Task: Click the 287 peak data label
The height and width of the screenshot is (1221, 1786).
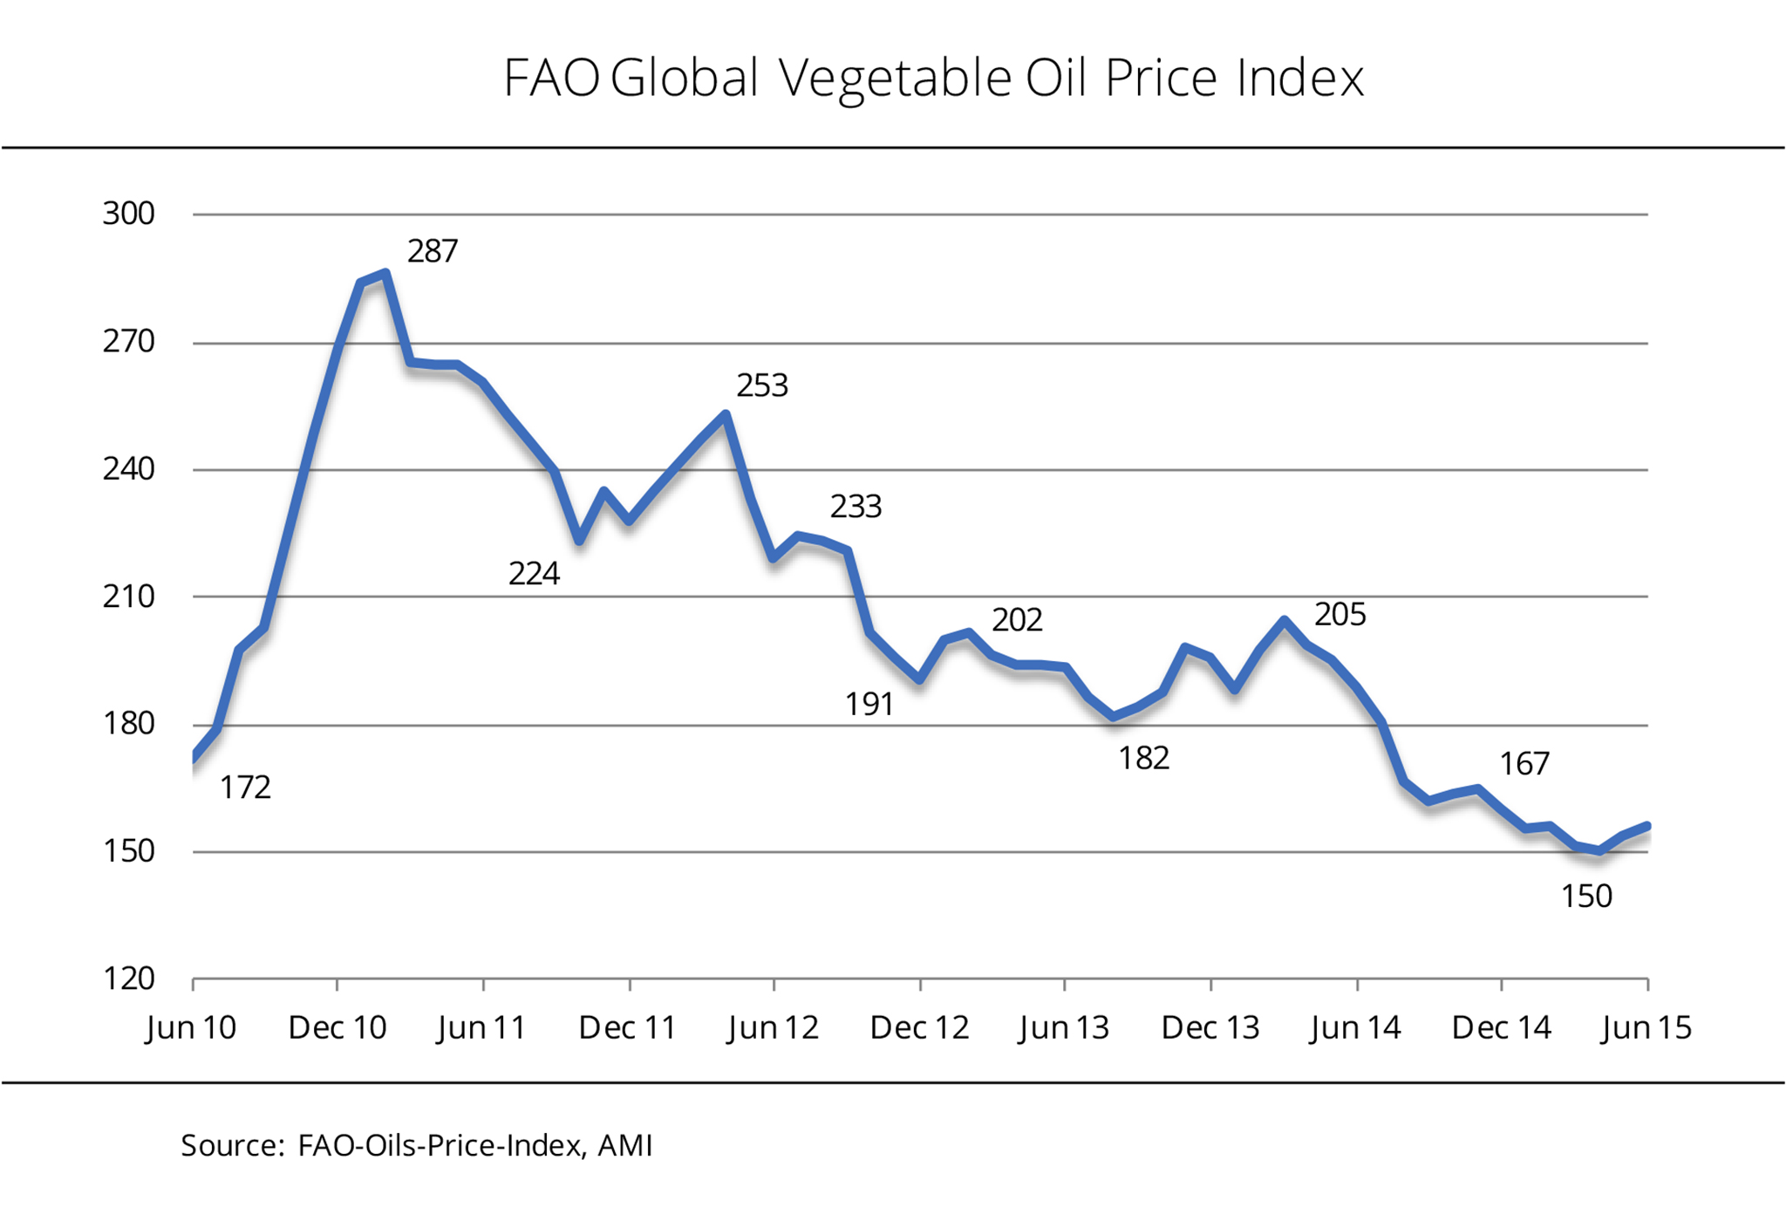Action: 433,251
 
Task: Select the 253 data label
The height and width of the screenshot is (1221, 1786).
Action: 762,385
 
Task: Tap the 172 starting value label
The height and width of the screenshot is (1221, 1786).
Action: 245,788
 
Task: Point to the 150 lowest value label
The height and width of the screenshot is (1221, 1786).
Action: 1586,897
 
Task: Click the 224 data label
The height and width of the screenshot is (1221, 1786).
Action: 534,574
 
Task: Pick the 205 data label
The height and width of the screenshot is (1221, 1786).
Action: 1340,615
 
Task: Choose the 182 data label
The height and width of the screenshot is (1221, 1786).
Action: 1144,759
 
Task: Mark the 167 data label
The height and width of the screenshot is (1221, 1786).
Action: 1524,764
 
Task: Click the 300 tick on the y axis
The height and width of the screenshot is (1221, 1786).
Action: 128,214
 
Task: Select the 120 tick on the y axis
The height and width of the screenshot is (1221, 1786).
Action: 128,979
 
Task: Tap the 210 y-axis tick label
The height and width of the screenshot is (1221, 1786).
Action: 128,597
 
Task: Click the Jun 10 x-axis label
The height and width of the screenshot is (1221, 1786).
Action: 191,1027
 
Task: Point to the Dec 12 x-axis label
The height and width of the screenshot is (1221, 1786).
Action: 919,1027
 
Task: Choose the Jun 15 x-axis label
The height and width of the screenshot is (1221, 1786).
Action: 1646,1027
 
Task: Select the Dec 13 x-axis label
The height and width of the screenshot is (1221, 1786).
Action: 1210,1027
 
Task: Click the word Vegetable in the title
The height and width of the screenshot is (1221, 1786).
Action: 894,78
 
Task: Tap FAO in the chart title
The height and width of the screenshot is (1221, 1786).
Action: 551,78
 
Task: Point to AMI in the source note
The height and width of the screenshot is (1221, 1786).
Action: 624,1145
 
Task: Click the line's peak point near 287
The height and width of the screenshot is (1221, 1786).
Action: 385,274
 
